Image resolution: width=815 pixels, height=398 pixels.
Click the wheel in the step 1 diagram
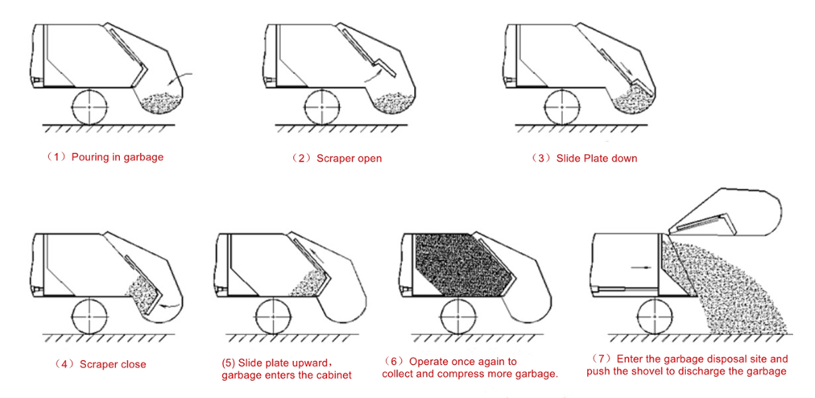tap(89, 106)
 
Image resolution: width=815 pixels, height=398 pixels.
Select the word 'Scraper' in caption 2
tap(334, 158)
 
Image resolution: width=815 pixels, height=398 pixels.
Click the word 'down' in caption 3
tap(624, 158)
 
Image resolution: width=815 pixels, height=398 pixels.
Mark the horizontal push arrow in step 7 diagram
tap(639, 268)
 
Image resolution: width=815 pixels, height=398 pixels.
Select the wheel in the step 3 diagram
tap(562, 106)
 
